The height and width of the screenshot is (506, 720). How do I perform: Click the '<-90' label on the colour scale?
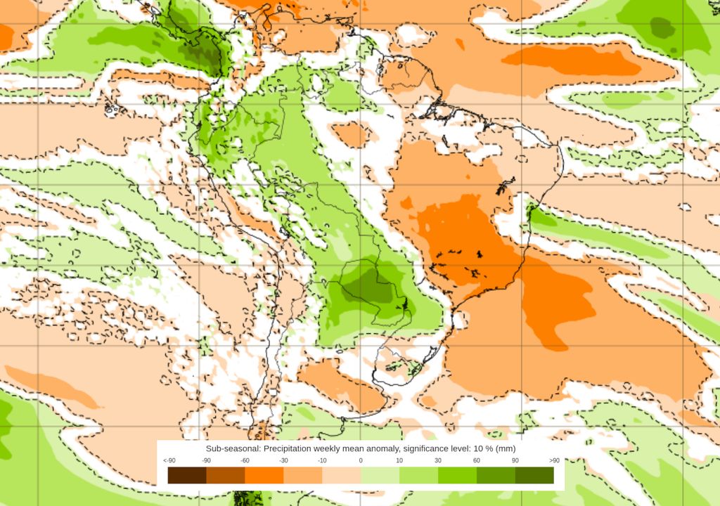[169, 460]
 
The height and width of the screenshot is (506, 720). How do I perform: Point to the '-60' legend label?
[245, 460]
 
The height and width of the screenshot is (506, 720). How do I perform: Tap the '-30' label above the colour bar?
[284, 460]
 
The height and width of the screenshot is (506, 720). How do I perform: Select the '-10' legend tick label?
[322, 460]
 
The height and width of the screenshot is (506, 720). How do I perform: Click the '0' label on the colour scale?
[361, 460]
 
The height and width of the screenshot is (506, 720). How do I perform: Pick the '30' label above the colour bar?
[438, 460]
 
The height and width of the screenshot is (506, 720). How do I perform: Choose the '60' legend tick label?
[477, 460]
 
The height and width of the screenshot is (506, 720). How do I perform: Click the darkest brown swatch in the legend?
[187, 476]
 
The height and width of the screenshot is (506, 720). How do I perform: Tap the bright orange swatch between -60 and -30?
[264, 476]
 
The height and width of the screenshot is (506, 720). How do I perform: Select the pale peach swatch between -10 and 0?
[342, 476]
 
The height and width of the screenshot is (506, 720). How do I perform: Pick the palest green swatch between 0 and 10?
[380, 476]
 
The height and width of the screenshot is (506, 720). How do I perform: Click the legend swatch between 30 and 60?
[457, 476]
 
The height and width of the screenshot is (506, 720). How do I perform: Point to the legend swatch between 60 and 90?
[496, 476]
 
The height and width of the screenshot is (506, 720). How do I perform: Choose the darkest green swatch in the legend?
[534, 476]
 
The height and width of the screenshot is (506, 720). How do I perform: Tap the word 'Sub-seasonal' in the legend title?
[233, 448]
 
